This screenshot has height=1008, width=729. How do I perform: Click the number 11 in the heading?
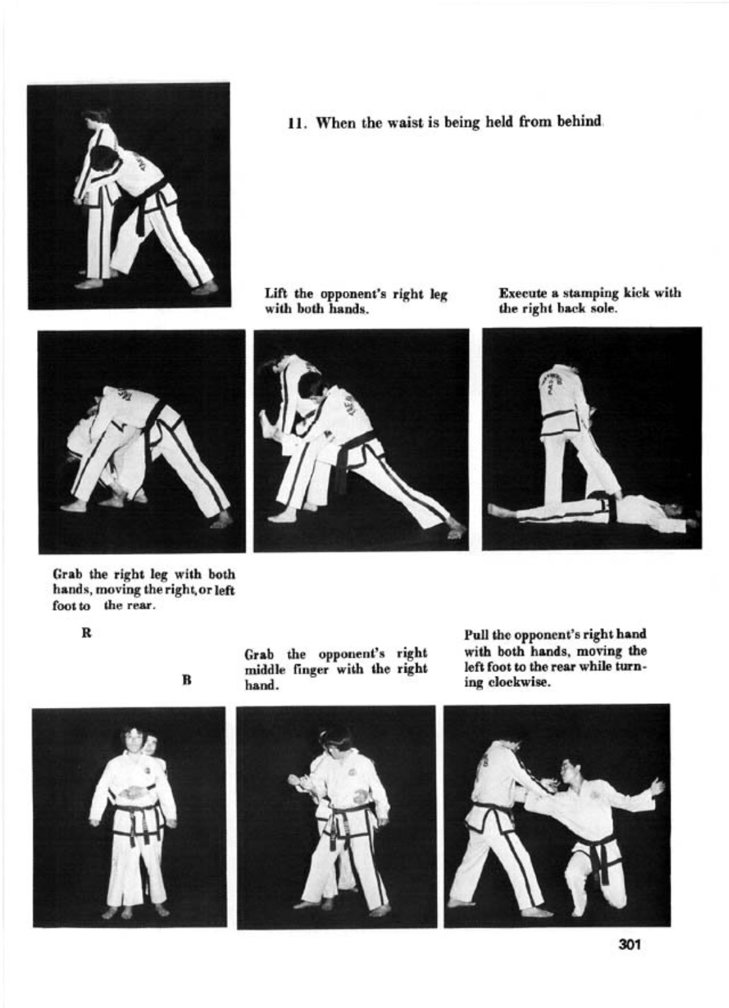(294, 122)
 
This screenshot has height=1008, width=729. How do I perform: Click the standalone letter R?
(87, 633)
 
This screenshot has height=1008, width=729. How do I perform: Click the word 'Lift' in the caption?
(274, 294)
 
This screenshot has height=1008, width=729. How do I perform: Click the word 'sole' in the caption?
(605, 309)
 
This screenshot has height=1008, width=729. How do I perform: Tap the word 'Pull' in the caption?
(473, 635)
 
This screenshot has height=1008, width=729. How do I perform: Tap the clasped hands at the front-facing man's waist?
(134, 792)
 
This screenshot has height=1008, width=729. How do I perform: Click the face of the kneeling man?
(568, 771)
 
